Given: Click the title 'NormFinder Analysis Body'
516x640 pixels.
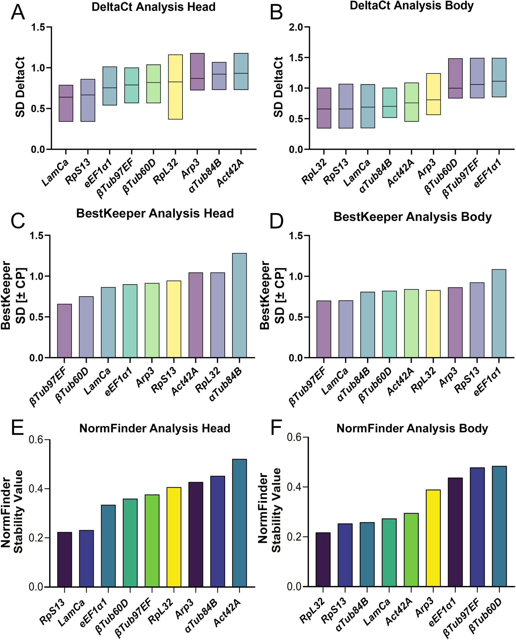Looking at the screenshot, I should click(x=412, y=429).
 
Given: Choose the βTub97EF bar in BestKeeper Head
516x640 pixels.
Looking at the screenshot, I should click(x=64, y=331).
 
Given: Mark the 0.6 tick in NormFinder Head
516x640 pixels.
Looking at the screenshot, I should click(x=36, y=440).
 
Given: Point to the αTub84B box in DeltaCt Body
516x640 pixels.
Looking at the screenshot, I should click(x=389, y=103).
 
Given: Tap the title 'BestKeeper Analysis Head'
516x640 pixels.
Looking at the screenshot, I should click(x=155, y=214).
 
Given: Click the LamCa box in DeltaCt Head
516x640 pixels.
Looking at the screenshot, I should click(x=66, y=103).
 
